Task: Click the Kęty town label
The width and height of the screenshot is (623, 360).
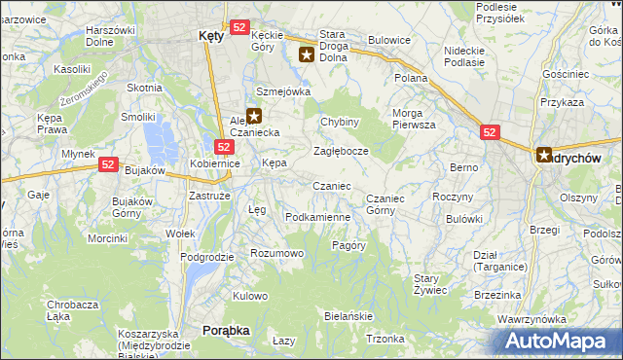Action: (x=210, y=34)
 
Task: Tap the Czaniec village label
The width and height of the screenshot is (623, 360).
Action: (x=331, y=185)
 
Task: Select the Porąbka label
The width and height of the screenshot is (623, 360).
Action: (x=226, y=331)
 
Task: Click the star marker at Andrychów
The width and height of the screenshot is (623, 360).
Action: (x=544, y=154)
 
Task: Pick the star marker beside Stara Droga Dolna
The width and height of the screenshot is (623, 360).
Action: (x=307, y=55)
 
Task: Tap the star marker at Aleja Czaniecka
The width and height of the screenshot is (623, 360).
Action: (x=254, y=115)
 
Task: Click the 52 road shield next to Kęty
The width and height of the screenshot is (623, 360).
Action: (x=240, y=28)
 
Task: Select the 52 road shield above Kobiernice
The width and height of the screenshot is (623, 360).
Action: (x=224, y=147)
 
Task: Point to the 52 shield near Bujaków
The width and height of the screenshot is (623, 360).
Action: (x=108, y=166)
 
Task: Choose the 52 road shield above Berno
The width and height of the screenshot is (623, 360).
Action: (x=489, y=131)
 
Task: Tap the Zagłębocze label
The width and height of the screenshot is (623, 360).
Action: (x=340, y=152)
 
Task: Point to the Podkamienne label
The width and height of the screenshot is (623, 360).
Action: (x=317, y=217)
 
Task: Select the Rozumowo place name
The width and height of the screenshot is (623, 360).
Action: (x=277, y=253)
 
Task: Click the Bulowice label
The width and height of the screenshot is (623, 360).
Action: (x=388, y=42)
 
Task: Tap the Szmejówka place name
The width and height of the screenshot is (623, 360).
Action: (x=282, y=91)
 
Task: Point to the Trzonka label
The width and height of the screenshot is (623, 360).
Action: (x=385, y=339)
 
